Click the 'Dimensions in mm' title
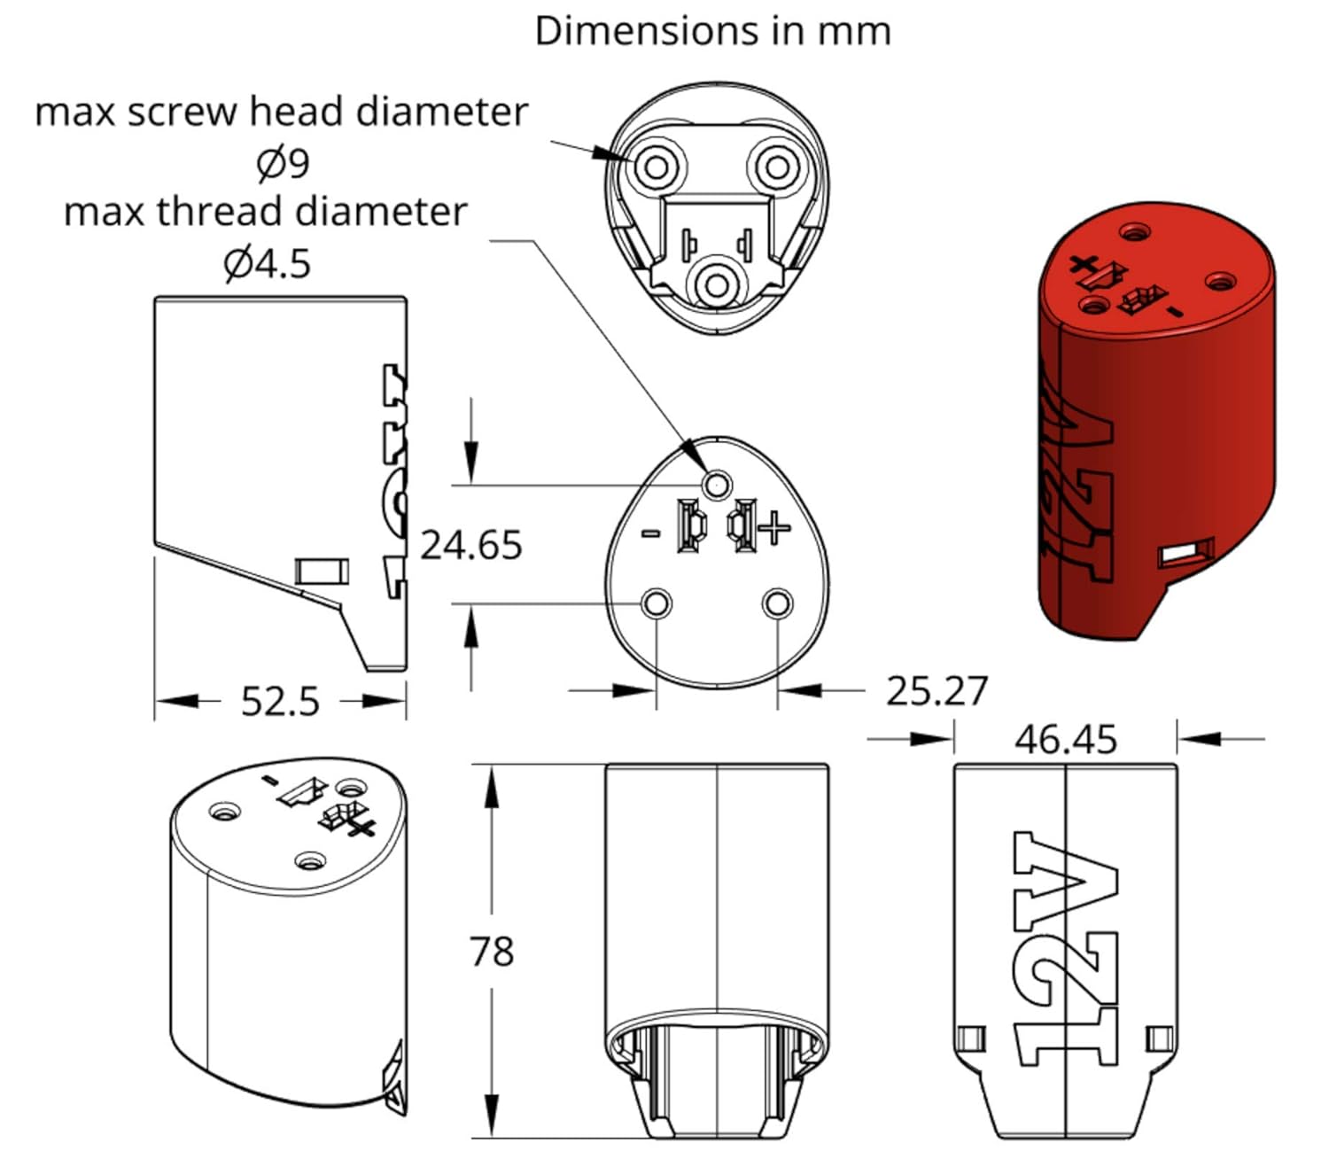click(712, 32)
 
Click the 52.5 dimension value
click(280, 702)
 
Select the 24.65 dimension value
click(470, 545)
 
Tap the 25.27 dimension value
click(937, 691)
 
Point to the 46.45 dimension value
click(1066, 739)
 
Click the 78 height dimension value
click(492, 952)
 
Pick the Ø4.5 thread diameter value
click(267, 263)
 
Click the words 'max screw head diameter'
click(281, 113)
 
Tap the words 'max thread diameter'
click(265, 212)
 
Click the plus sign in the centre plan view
click(774, 528)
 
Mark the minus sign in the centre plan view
click(650, 533)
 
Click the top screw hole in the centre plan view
click(716, 485)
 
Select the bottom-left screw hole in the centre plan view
click(657, 604)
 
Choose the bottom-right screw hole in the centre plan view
click(777, 604)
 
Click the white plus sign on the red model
click(1083, 263)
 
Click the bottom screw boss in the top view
click(716, 285)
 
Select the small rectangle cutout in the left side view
click(322, 572)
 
